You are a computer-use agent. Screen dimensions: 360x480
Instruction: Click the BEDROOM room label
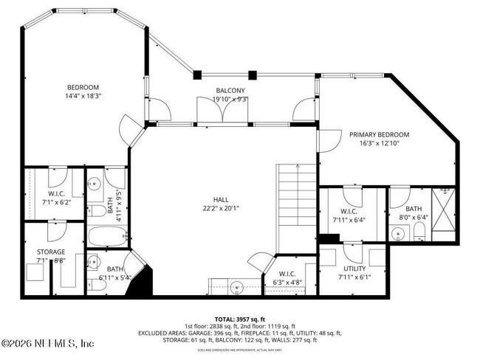point(83,86)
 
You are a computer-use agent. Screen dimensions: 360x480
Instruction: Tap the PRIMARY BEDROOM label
point(379,134)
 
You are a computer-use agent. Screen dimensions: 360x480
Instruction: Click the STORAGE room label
point(51,251)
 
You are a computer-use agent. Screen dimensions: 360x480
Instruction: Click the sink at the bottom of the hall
point(235,285)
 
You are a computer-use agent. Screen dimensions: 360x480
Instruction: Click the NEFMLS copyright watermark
point(47,344)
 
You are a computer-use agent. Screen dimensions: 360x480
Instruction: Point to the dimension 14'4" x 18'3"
point(83,95)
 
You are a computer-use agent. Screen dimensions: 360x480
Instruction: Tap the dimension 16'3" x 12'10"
point(379,144)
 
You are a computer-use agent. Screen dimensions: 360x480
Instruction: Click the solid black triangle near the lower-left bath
point(144,283)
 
